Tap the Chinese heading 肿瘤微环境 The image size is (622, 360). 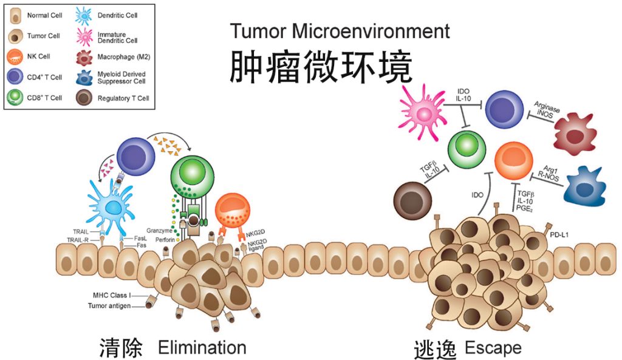(x=321, y=67)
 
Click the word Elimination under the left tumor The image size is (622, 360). (x=202, y=348)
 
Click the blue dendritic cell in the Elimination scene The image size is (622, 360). (x=113, y=206)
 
